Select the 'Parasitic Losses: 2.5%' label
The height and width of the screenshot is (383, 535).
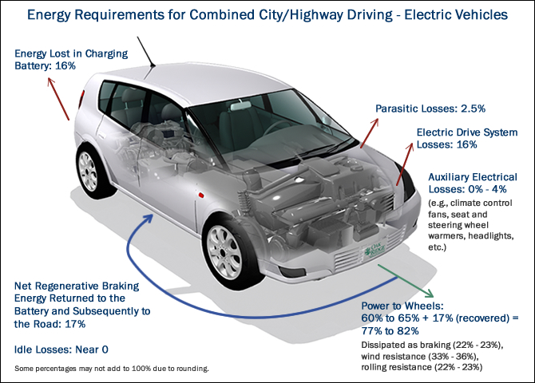pos(430,108)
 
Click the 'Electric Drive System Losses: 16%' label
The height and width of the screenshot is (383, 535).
pos(467,138)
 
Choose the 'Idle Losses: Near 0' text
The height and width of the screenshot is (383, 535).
pos(60,349)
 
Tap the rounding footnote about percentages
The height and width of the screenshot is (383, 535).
pos(112,369)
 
